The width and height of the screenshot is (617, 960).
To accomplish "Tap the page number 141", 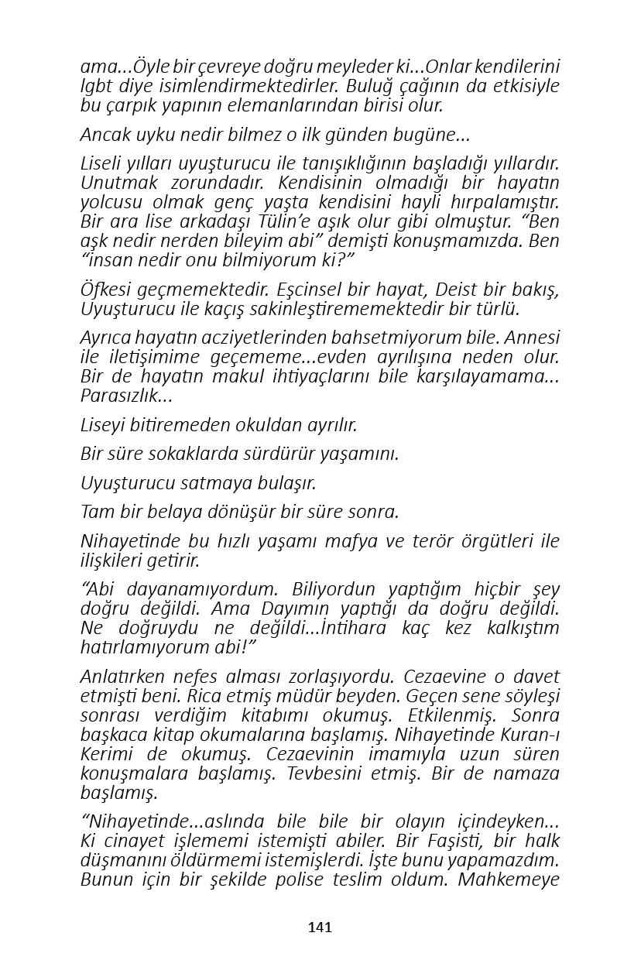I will pyautogui.click(x=320, y=927).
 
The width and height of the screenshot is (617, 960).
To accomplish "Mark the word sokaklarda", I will pyautogui.click(x=183, y=454).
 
